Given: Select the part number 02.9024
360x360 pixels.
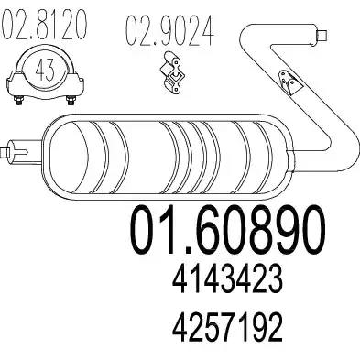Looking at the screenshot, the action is tap(169, 31).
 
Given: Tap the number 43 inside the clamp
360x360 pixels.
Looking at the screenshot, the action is tap(45, 70).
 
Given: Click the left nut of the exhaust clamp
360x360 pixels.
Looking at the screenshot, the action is tap(19, 101).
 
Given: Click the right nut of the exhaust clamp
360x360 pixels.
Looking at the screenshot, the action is tap(71, 101).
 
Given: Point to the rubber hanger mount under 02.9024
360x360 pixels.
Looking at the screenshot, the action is tap(173, 72).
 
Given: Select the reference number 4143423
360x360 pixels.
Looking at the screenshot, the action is tap(227, 279).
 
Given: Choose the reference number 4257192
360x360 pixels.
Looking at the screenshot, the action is tap(227, 327).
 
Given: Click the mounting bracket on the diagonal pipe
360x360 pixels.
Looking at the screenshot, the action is tap(289, 82).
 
